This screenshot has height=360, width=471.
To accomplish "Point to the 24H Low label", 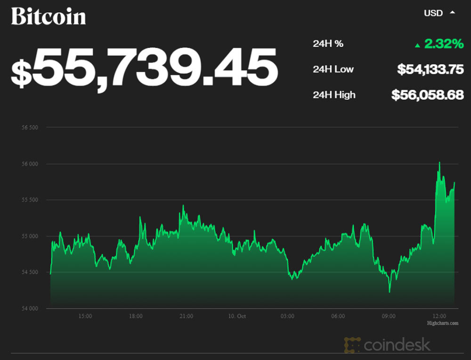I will tap(333, 69).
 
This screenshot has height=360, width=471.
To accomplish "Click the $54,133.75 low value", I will tap(430, 69).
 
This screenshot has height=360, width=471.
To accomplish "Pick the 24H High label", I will tap(334, 95).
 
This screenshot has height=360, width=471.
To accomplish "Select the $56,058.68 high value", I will tap(428, 95).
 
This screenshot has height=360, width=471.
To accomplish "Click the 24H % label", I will tap(328, 44).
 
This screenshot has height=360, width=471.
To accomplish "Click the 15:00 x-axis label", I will tap(85, 316).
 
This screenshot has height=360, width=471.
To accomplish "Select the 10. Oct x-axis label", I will tap(236, 316).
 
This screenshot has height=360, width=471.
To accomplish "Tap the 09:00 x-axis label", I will tap(389, 316).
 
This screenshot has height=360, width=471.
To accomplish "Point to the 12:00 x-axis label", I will tap(439, 316).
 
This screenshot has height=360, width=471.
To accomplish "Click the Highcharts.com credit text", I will tap(442, 323).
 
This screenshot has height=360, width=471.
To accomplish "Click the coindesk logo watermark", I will tap(387, 344).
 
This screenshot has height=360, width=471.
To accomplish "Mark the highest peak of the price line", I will tap(439, 163).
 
